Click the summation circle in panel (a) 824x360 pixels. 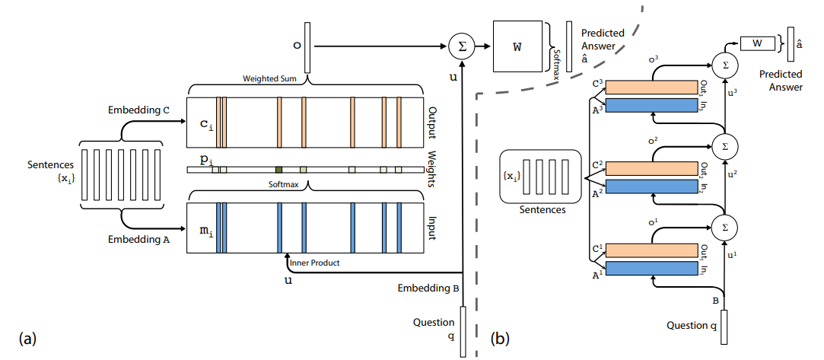coord(461,47)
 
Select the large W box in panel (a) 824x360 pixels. coord(518,47)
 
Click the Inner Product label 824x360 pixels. coord(314,263)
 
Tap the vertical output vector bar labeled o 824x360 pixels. coord(307,47)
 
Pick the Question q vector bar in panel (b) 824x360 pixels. coord(724,327)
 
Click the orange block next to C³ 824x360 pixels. coord(651,88)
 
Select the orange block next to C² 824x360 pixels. coord(651,169)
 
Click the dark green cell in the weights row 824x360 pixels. coord(279,169)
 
